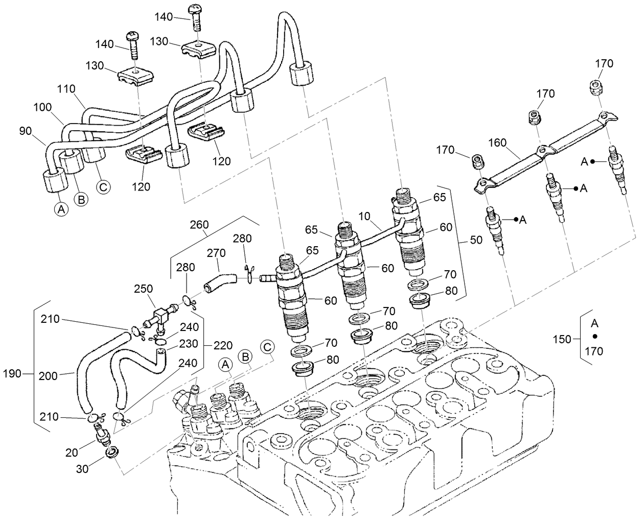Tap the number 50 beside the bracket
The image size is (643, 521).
click(x=475, y=240)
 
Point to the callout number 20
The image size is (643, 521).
click(x=72, y=451)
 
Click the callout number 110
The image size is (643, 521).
click(x=66, y=89)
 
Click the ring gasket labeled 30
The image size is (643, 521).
click(x=111, y=453)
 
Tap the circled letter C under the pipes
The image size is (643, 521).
click(x=104, y=187)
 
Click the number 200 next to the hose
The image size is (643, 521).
click(x=49, y=376)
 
